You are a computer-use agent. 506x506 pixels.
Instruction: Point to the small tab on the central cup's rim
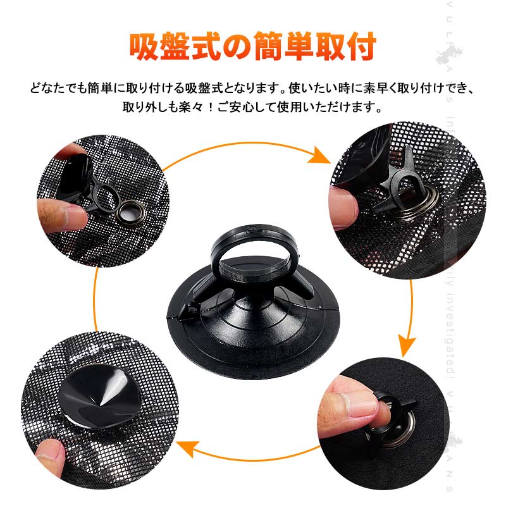pos(184,309)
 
